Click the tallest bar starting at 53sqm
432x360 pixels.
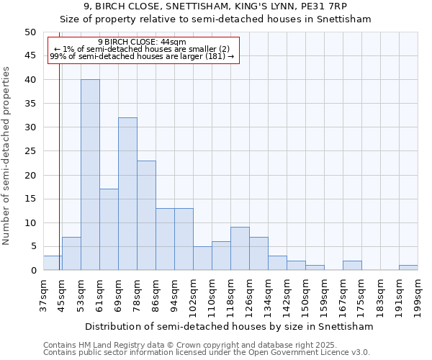(x=90, y=175)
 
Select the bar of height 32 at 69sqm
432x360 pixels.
(x=127, y=194)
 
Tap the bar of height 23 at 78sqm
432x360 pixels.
(x=146, y=215)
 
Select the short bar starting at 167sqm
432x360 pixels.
(x=352, y=266)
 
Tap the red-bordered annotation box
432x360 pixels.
(x=142, y=49)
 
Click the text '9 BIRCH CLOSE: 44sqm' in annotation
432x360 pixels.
(x=142, y=42)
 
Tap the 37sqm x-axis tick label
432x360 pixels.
(x=43, y=295)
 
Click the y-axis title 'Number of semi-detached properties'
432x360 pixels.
(x=6, y=156)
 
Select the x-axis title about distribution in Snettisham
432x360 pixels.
(x=229, y=326)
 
